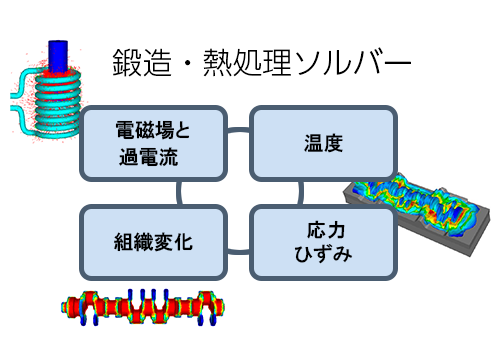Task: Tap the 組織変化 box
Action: pos(152,242)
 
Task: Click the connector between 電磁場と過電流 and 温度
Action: pos(236,130)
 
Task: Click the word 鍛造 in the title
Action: pos(139,62)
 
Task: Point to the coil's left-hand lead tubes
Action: pos(20,100)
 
